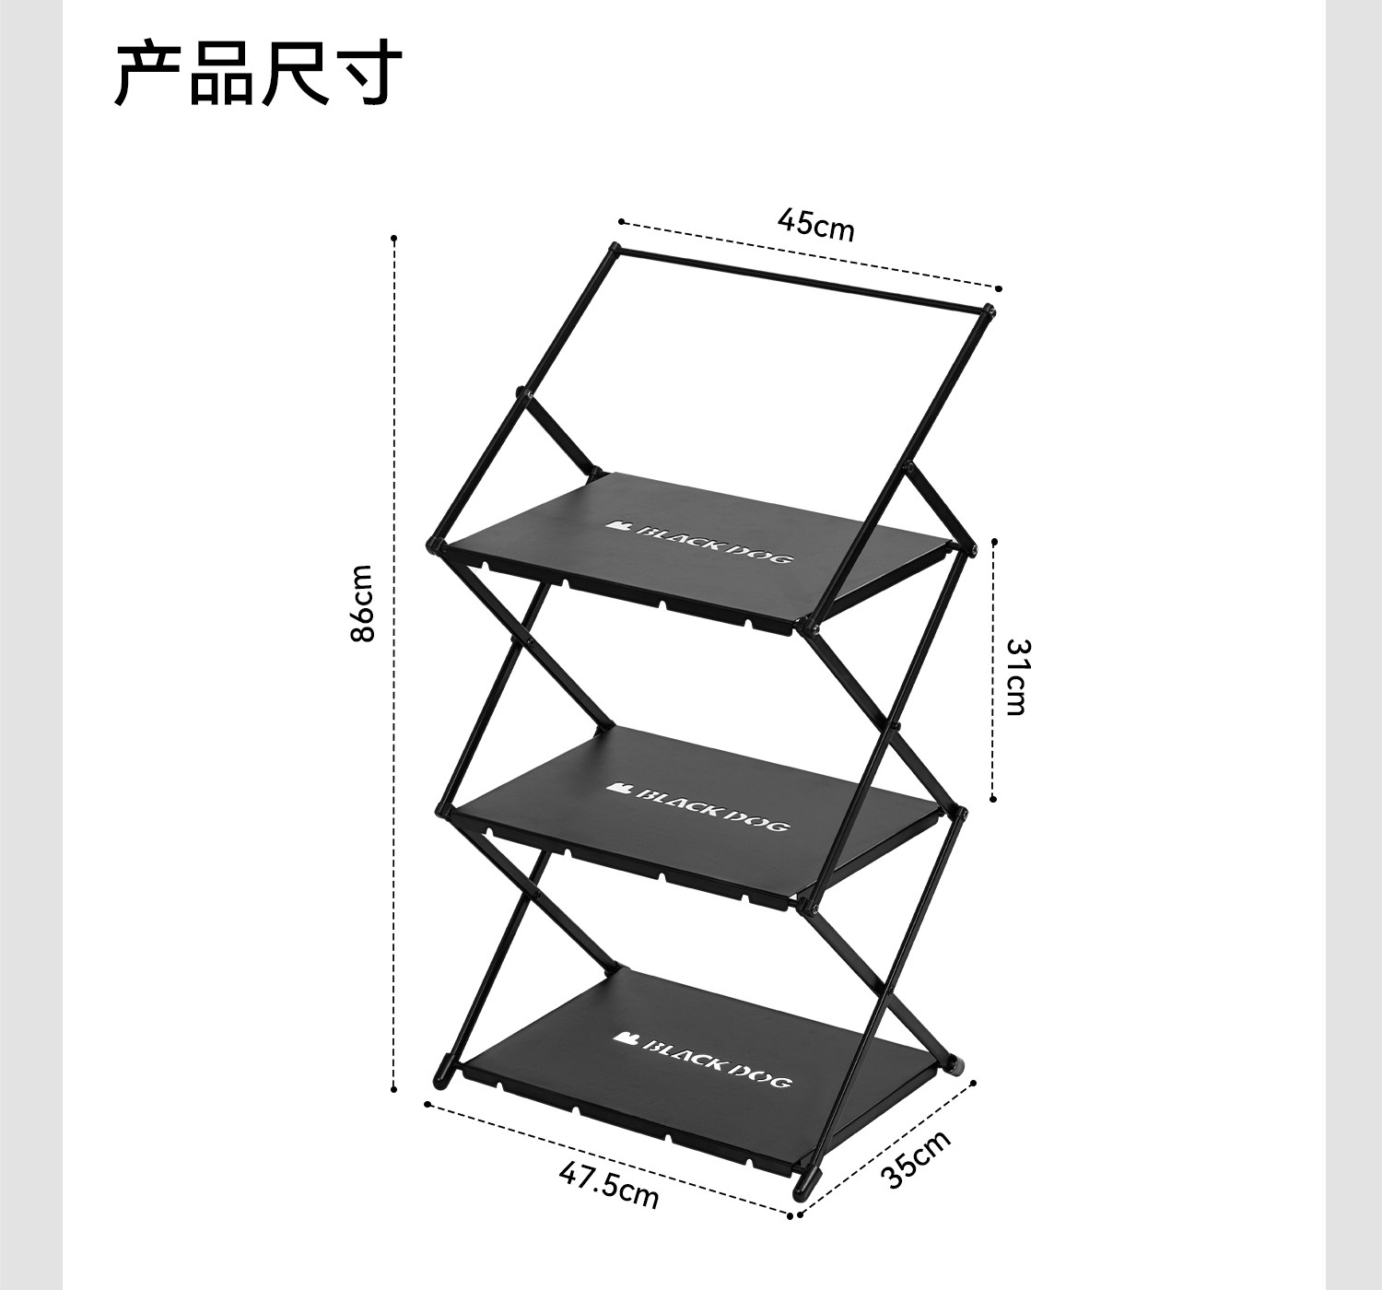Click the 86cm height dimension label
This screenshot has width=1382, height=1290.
363,604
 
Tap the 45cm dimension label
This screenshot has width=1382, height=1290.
816,224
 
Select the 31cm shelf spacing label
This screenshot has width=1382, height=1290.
1015,676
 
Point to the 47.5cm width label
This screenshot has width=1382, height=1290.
609,1185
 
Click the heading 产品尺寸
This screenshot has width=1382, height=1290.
259,74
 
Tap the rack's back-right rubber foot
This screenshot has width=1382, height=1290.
955,1067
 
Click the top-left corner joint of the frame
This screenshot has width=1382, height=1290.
615,249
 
